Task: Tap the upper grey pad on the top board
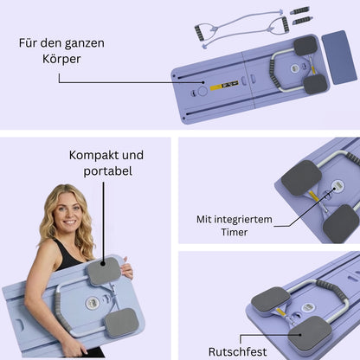pyautogui.click(x=306, y=46)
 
